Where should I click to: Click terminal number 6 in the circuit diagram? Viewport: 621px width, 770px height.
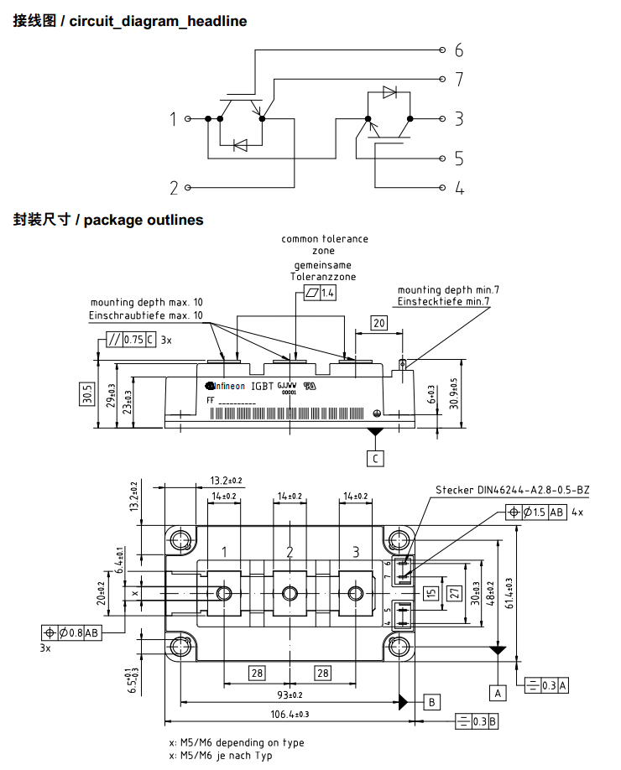pyautogui.click(x=459, y=50)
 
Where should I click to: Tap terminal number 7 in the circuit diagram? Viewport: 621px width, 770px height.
pyautogui.click(x=459, y=80)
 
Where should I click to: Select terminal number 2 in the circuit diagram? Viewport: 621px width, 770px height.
pyautogui.click(x=174, y=188)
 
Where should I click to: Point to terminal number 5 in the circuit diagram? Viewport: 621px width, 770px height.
pyautogui.click(x=459, y=158)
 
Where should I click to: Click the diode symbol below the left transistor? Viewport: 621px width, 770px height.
pyautogui.click(x=240, y=145)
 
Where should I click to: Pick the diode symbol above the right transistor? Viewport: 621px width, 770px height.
pyautogui.click(x=389, y=92)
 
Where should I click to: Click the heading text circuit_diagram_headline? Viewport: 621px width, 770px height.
pyautogui.click(x=158, y=21)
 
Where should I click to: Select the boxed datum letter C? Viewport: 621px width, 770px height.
pyautogui.click(x=376, y=458)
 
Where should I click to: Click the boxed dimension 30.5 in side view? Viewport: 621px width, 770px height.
pyautogui.click(x=87, y=394)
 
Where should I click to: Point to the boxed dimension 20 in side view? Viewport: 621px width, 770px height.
pyautogui.click(x=379, y=323)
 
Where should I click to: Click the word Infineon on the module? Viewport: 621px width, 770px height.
pyautogui.click(x=227, y=386)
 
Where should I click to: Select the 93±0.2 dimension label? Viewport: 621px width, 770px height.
pyautogui.click(x=290, y=695)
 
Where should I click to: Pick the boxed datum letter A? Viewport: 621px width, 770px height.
pyautogui.click(x=498, y=693)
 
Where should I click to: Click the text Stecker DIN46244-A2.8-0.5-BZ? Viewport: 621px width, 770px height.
pyautogui.click(x=512, y=490)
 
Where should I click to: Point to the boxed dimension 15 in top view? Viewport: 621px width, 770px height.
pyautogui.click(x=431, y=594)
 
